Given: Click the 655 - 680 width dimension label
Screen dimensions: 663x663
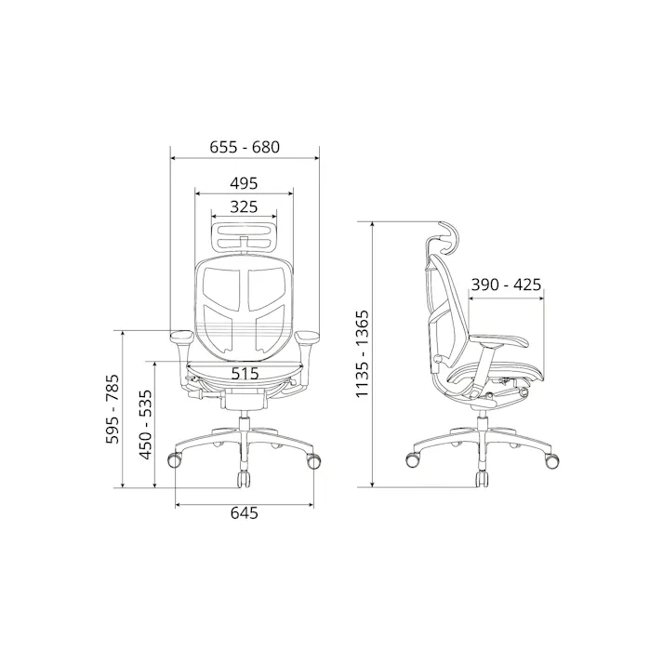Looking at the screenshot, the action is click(245, 147).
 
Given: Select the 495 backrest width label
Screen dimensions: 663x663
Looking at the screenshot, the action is click(244, 183).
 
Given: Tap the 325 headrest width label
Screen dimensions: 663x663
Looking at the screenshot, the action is click(244, 206).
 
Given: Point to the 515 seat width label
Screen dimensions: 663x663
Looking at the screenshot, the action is click(245, 374).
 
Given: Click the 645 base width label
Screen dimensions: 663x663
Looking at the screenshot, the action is click(244, 513).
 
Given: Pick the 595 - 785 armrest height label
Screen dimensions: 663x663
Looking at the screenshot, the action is click(113, 409).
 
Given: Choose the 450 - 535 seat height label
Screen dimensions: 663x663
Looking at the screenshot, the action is click(145, 425).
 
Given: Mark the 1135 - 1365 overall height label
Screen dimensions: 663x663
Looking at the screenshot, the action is click(363, 353).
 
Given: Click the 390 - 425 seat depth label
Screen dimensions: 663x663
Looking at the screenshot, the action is click(506, 285).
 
